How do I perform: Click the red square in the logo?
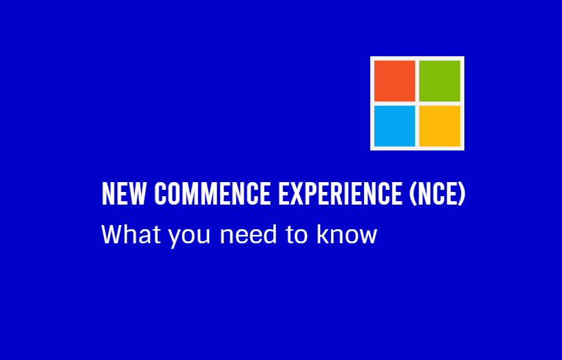[x=395, y=81]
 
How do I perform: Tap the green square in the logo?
[x=440, y=81]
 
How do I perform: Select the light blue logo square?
[x=395, y=126]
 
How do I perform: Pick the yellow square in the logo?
[x=440, y=126]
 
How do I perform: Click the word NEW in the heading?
[x=124, y=193]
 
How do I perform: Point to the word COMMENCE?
[x=213, y=193]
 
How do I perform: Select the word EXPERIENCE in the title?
[x=341, y=193]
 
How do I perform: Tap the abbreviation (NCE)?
[x=437, y=194]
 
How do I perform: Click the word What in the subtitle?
[x=131, y=234]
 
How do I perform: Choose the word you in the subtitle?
[x=189, y=237]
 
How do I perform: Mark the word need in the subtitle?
[x=249, y=234]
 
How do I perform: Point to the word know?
[x=347, y=234]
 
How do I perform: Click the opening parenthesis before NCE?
[x=413, y=194]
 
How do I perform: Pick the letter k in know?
[x=322, y=234]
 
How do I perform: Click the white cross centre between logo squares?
[x=417, y=103]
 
